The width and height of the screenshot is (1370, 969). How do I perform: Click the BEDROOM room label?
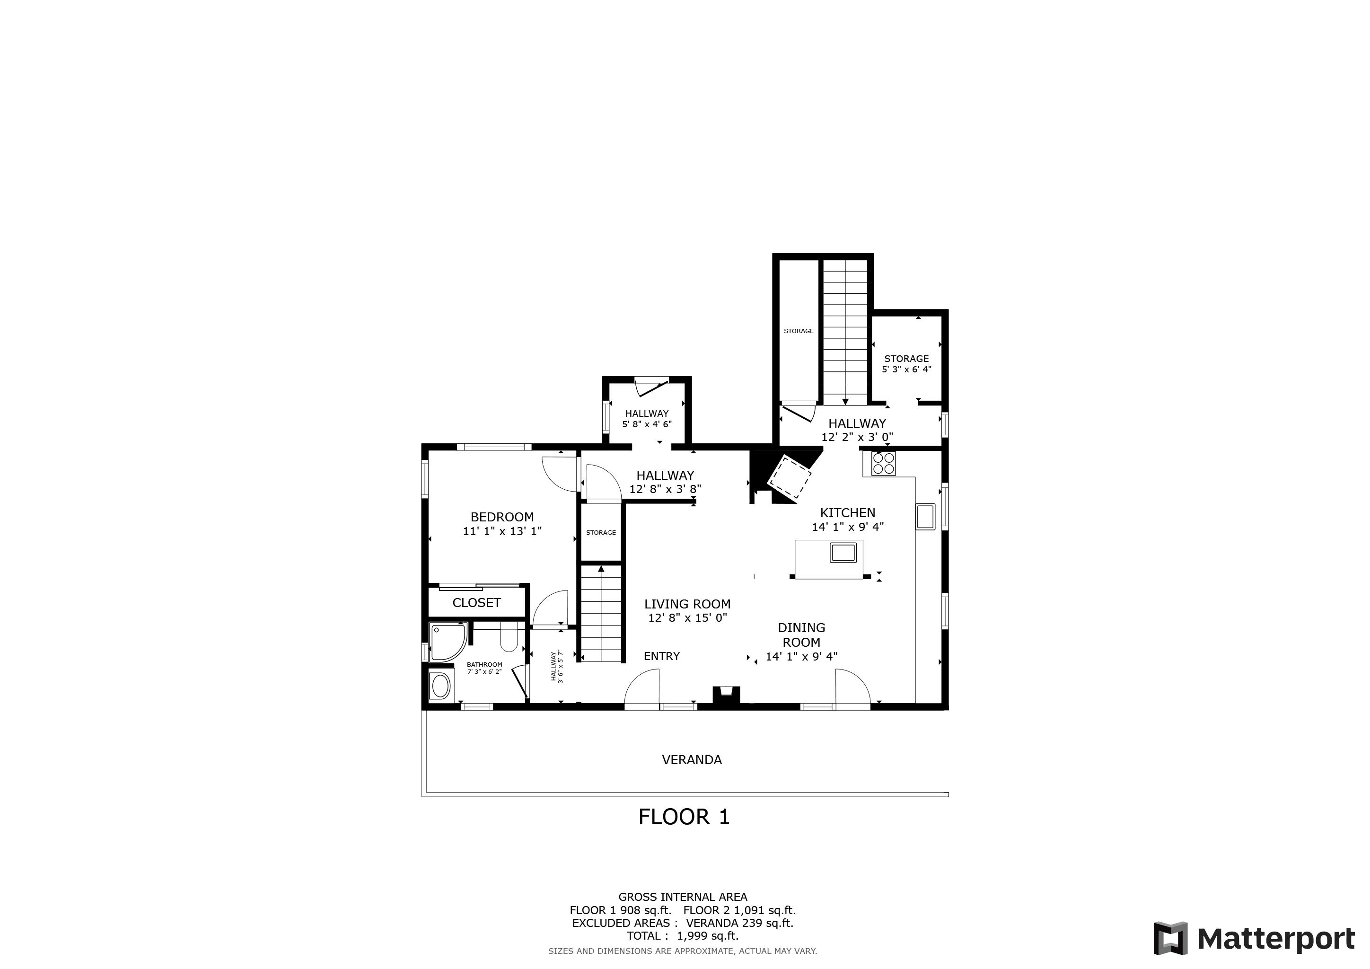pos(502,517)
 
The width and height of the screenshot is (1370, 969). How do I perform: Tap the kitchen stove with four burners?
pos(883,464)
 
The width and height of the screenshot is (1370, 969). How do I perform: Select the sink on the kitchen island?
pos(843,553)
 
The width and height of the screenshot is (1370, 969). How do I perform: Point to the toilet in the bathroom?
pos(509,637)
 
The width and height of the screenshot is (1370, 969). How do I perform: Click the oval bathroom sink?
pos(440,687)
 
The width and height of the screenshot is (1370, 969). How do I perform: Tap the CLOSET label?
pos(476,603)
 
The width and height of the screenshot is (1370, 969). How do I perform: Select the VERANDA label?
pos(692,759)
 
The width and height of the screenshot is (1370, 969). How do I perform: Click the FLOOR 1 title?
pos(684,817)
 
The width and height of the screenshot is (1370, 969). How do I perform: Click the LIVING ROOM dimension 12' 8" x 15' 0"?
pos(687,618)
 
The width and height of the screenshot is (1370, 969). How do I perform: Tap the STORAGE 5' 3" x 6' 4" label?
pos(906,363)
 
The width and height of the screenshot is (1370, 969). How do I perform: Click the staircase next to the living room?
pos(601,615)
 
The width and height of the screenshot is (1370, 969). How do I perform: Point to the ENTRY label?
pos(662,656)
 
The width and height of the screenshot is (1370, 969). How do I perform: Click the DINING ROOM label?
pos(801,635)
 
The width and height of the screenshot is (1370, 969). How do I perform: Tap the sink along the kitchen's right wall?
pos(925,517)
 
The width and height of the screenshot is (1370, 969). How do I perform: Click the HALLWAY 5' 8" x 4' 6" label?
pos(647,419)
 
